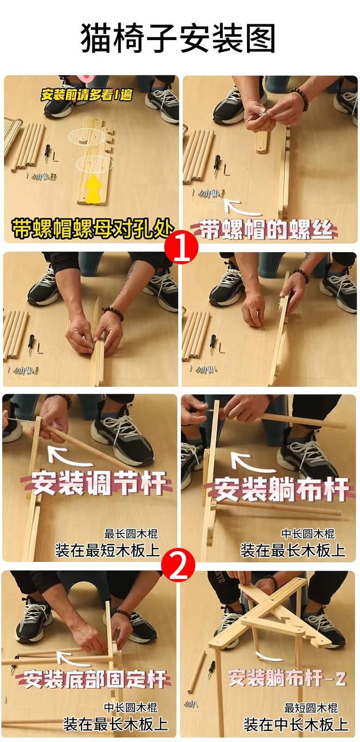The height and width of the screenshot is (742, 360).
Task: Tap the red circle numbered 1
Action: tap(181, 247)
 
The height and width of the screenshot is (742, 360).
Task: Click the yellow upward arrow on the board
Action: tap(94, 188)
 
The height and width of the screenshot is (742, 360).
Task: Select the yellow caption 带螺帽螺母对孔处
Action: tap(92, 228)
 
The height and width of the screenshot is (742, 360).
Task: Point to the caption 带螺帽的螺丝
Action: tap(267, 229)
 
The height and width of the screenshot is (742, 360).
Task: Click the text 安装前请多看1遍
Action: tap(86, 95)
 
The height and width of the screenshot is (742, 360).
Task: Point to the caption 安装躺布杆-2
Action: tap(287, 677)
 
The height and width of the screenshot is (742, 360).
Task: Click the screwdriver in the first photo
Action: tap(48, 154)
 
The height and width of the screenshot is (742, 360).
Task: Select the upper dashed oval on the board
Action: tap(88, 137)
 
